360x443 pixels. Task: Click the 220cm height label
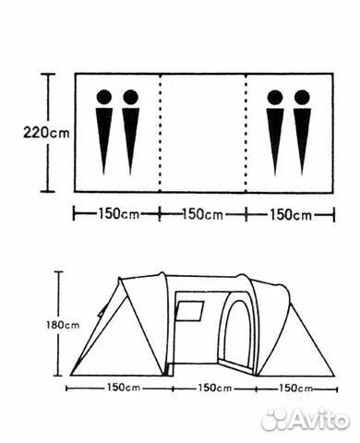(x=46, y=133)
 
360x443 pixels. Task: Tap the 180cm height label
(x=63, y=325)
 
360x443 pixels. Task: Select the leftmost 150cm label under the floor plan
(x=118, y=214)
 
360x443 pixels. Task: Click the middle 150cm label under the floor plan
(x=202, y=214)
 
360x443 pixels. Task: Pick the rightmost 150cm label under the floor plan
(x=291, y=215)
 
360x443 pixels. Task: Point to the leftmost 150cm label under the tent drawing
(x=124, y=388)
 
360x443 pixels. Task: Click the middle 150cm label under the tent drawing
(x=214, y=388)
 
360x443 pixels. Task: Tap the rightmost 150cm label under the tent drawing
(x=295, y=389)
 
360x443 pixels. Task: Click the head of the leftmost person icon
(x=104, y=97)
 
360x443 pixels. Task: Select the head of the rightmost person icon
(x=302, y=97)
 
